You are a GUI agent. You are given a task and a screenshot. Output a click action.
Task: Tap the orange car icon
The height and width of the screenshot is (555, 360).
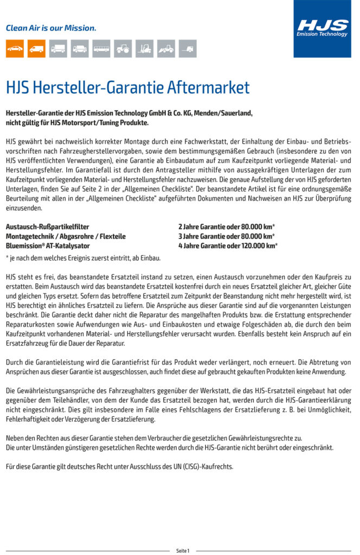pyautogui.click(x=15, y=49)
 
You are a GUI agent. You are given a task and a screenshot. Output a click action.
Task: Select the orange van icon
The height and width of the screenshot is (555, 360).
pyautogui.click(x=36, y=49)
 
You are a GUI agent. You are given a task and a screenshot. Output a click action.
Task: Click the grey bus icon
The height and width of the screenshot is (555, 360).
pyautogui.click(x=101, y=49)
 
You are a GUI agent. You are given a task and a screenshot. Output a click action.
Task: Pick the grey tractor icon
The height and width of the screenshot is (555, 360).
pyautogui.click(x=123, y=49)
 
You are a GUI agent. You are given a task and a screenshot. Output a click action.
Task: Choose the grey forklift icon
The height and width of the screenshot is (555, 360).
pyautogui.click(x=145, y=49)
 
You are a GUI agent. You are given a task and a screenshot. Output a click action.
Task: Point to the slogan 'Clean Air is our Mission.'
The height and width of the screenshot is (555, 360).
pyautogui.click(x=51, y=28)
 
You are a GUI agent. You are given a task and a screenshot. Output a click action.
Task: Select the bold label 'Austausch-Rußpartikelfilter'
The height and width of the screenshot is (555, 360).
pyautogui.click(x=47, y=227)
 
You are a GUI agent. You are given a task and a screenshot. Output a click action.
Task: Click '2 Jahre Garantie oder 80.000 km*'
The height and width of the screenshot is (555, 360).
pyautogui.click(x=226, y=227)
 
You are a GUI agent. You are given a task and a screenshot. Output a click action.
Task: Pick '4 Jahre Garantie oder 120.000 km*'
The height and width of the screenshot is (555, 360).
pyautogui.click(x=228, y=246)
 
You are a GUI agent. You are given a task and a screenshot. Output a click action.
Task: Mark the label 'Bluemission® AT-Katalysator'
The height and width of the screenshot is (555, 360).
pyautogui.click(x=48, y=246)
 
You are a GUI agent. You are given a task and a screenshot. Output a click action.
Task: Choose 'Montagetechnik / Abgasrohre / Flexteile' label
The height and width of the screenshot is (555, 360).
pyautogui.click(x=66, y=236)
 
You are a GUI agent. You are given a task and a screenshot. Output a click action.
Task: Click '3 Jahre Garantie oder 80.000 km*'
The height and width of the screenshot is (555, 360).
pyautogui.click(x=226, y=236)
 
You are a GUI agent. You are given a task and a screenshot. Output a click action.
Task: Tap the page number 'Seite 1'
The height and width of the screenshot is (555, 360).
pyautogui.click(x=183, y=551)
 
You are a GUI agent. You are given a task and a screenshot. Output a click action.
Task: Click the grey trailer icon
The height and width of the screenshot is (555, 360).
pyautogui.click(x=188, y=49)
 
